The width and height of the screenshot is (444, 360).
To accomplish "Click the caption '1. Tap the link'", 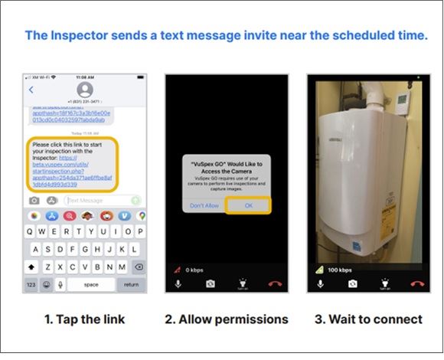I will click(84, 318).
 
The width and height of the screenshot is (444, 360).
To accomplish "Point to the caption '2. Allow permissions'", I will click(227, 318).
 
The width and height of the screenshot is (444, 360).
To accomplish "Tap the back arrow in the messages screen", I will click(31, 90).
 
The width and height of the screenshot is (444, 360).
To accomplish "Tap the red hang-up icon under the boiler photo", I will click(417, 283).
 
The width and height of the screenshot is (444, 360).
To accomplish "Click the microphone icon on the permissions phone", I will click(178, 283).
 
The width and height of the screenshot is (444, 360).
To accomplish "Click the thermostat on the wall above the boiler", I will click(400, 100).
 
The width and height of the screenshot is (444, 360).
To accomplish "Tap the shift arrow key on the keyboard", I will click(31, 266).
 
